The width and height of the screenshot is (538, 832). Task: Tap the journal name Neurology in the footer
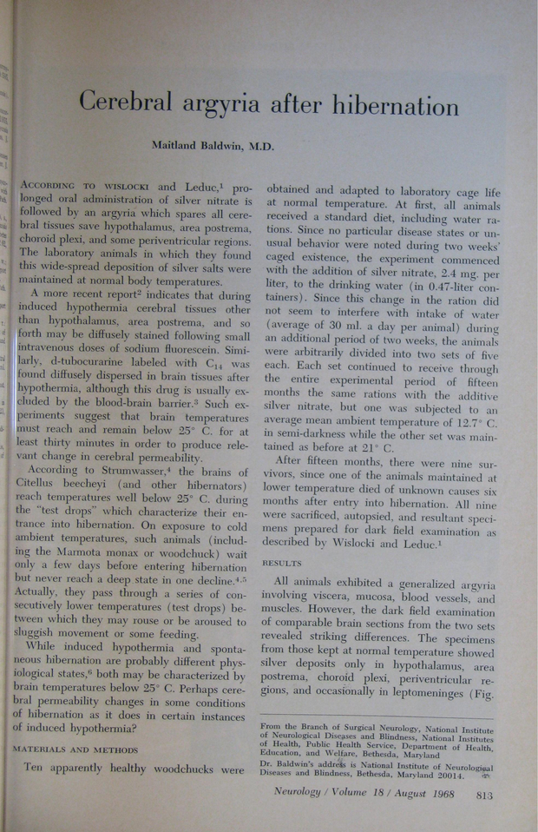tap(299, 793)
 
